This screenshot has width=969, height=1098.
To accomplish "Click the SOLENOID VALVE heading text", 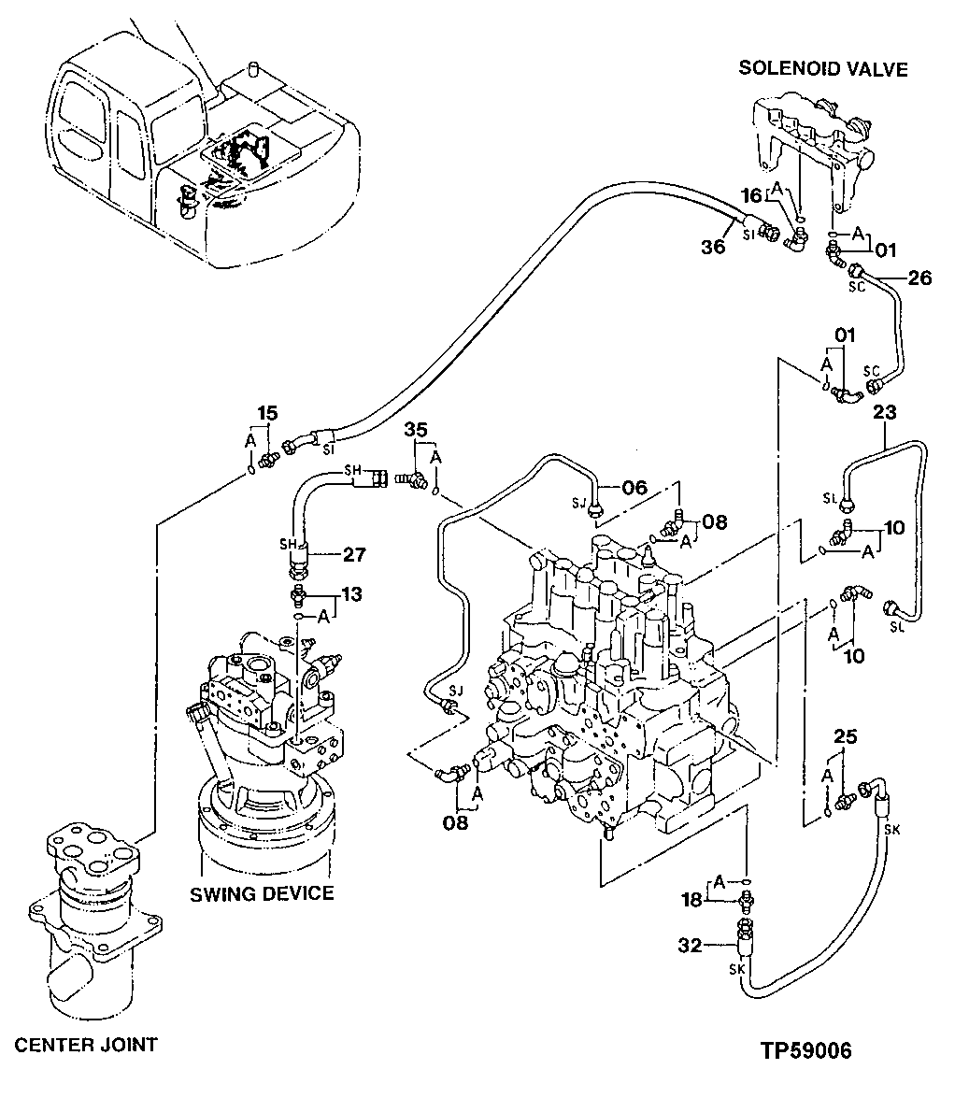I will click(822, 68).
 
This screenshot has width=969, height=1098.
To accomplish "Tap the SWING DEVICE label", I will click(262, 893).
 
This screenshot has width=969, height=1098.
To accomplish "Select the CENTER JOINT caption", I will click(85, 1044).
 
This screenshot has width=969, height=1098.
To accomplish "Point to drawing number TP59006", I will click(805, 1051).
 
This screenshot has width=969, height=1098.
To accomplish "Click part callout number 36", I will click(713, 247).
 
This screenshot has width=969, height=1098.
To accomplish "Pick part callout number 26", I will click(919, 278).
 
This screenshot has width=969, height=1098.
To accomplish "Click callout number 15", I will click(267, 412).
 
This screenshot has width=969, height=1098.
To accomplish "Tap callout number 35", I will click(416, 429).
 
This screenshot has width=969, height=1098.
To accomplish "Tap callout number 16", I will click(752, 195).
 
